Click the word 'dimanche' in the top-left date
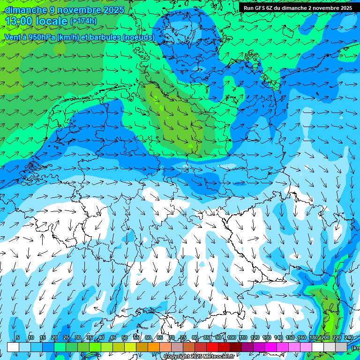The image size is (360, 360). coord(26,9)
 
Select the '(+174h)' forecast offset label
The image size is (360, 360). coord(83,21)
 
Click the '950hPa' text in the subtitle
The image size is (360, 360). coord(41,37)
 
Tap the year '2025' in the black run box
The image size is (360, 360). coord(345,8)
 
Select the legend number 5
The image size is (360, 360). coord(18,337)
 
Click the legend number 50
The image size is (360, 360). coord(124,337)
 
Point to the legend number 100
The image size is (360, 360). coord(231,337)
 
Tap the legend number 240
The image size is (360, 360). coord(348,337)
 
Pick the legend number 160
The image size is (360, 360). coord(301,337)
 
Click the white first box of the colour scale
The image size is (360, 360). coord(13,347)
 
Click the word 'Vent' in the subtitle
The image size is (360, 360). coord(13,37)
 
